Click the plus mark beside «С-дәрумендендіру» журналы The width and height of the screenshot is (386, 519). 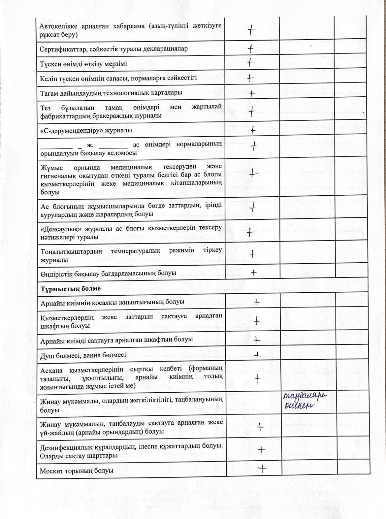click(253, 130)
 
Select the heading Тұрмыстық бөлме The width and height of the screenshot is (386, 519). click(71, 288)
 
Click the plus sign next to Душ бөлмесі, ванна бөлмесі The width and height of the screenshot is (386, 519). click(257, 355)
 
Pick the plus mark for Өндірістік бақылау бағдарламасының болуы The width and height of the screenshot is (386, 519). click(253, 273)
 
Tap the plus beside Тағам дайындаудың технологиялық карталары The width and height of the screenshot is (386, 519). click(252, 93)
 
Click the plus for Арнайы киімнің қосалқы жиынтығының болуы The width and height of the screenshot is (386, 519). click(256, 301)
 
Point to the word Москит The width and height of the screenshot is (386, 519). click(50, 471)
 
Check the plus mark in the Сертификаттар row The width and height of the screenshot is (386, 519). click(251, 49)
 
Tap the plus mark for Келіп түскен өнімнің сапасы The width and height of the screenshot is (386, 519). click(250, 78)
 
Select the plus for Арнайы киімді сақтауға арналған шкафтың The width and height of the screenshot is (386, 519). click(257, 340)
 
